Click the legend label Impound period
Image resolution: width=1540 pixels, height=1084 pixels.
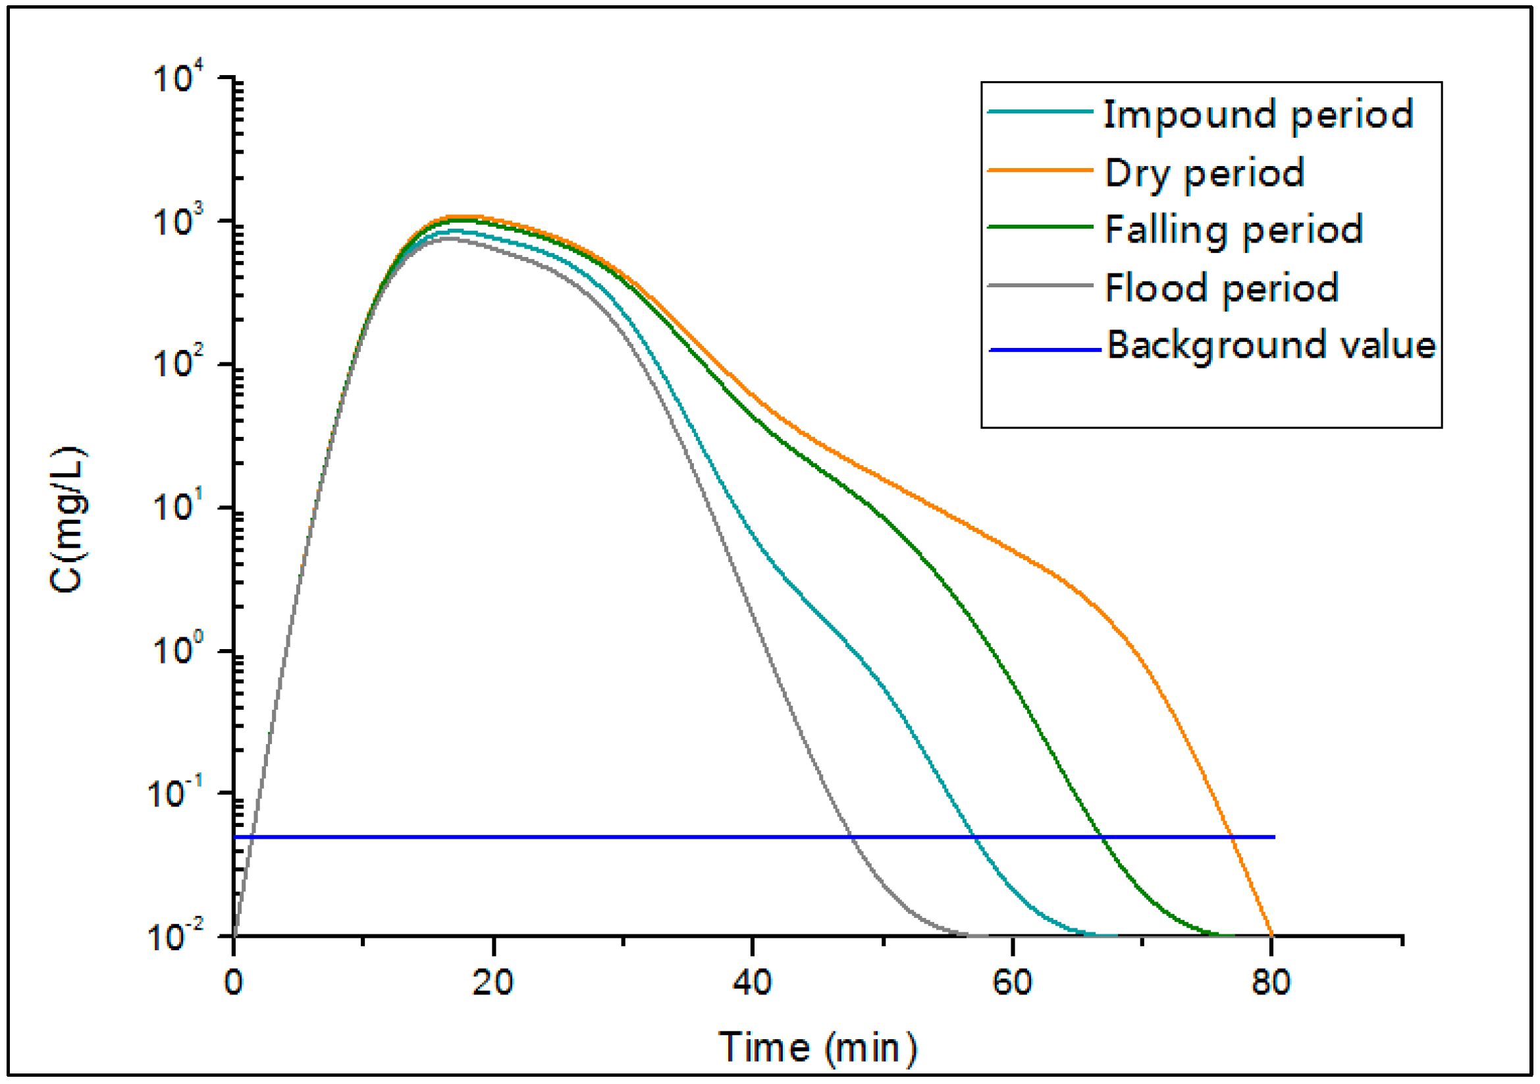tap(1258, 115)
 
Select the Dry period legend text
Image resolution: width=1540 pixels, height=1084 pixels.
tap(1204, 173)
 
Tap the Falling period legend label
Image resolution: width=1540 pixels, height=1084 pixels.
tap(1233, 230)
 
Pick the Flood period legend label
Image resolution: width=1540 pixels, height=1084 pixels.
tap(1221, 289)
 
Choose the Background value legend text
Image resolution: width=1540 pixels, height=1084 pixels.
tap(1270, 346)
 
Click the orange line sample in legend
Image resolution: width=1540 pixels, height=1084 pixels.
tap(1040, 171)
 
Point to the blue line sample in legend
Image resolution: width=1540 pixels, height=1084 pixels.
tap(1044, 350)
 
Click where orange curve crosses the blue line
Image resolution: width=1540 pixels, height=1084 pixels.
tap(1232, 837)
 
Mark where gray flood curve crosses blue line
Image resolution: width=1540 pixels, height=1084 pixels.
tap(851, 837)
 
